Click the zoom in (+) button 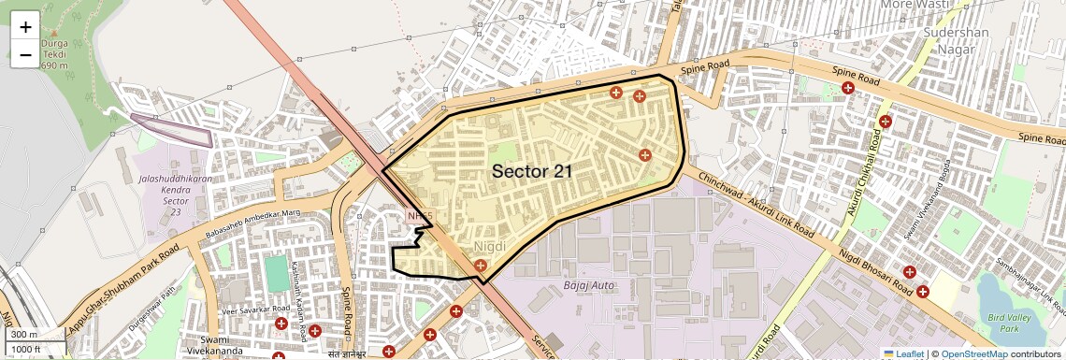(x=25, y=27)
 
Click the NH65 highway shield (x=421, y=217)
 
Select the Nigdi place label (x=490, y=246)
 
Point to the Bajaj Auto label (x=589, y=284)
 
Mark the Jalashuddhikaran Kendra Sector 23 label (x=164, y=192)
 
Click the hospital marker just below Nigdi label (x=481, y=266)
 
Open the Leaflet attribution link (x=903, y=353)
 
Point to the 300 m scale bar (x=34, y=335)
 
